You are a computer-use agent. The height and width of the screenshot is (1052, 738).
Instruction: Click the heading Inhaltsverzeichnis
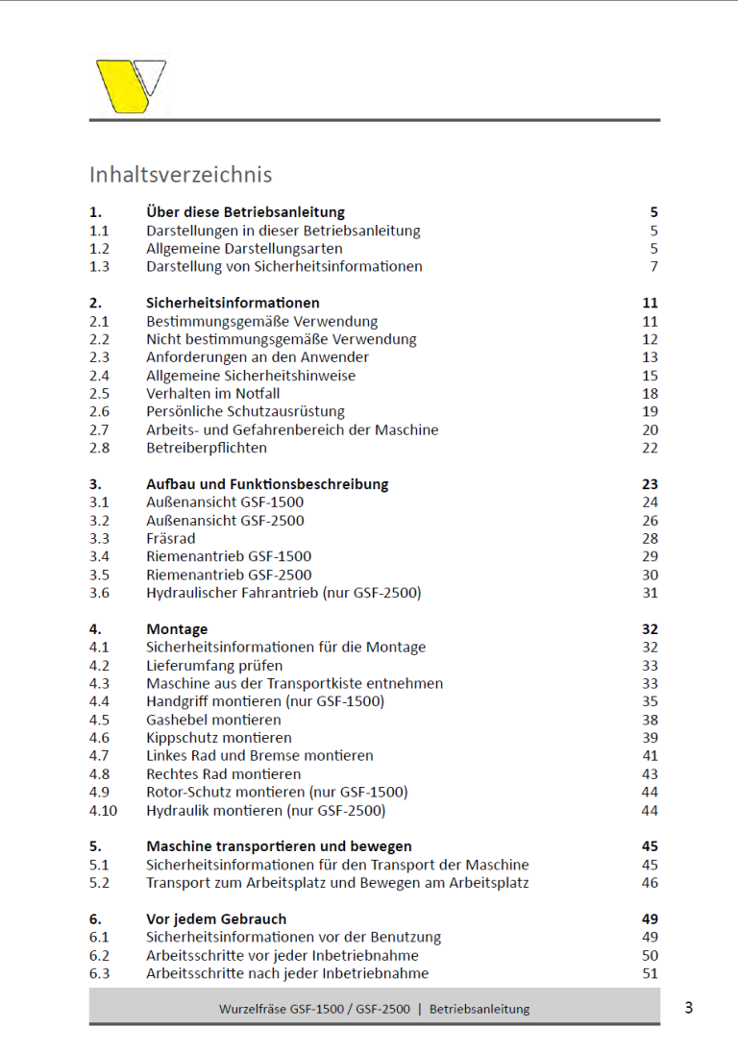click(181, 174)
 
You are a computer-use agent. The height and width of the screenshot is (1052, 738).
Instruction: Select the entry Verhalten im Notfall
click(212, 394)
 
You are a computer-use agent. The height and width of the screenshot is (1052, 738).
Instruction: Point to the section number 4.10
click(103, 810)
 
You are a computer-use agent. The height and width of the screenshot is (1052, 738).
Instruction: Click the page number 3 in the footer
click(688, 1008)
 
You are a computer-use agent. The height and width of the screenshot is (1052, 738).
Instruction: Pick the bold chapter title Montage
click(177, 629)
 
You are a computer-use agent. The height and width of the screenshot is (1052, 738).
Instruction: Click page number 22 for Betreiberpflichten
click(650, 448)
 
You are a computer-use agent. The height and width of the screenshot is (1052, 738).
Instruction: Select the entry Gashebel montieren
click(213, 720)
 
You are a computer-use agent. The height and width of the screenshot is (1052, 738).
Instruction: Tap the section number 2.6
click(99, 412)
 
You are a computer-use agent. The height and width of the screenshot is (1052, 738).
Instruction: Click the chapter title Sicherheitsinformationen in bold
click(233, 303)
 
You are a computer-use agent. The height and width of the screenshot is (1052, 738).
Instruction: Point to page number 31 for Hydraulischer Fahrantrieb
click(650, 593)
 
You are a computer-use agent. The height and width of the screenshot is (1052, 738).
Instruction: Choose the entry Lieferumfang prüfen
click(214, 665)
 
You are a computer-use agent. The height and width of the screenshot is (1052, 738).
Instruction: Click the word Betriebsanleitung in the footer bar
click(480, 1009)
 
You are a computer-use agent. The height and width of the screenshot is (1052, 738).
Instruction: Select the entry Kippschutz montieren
click(218, 738)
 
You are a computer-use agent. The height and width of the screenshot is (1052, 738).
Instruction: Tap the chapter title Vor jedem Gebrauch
click(216, 918)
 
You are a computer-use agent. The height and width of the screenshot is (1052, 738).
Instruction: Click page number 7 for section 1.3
click(653, 266)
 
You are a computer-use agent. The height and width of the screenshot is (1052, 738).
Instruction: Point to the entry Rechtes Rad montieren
click(223, 773)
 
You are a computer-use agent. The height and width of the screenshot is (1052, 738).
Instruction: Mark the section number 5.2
click(99, 882)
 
